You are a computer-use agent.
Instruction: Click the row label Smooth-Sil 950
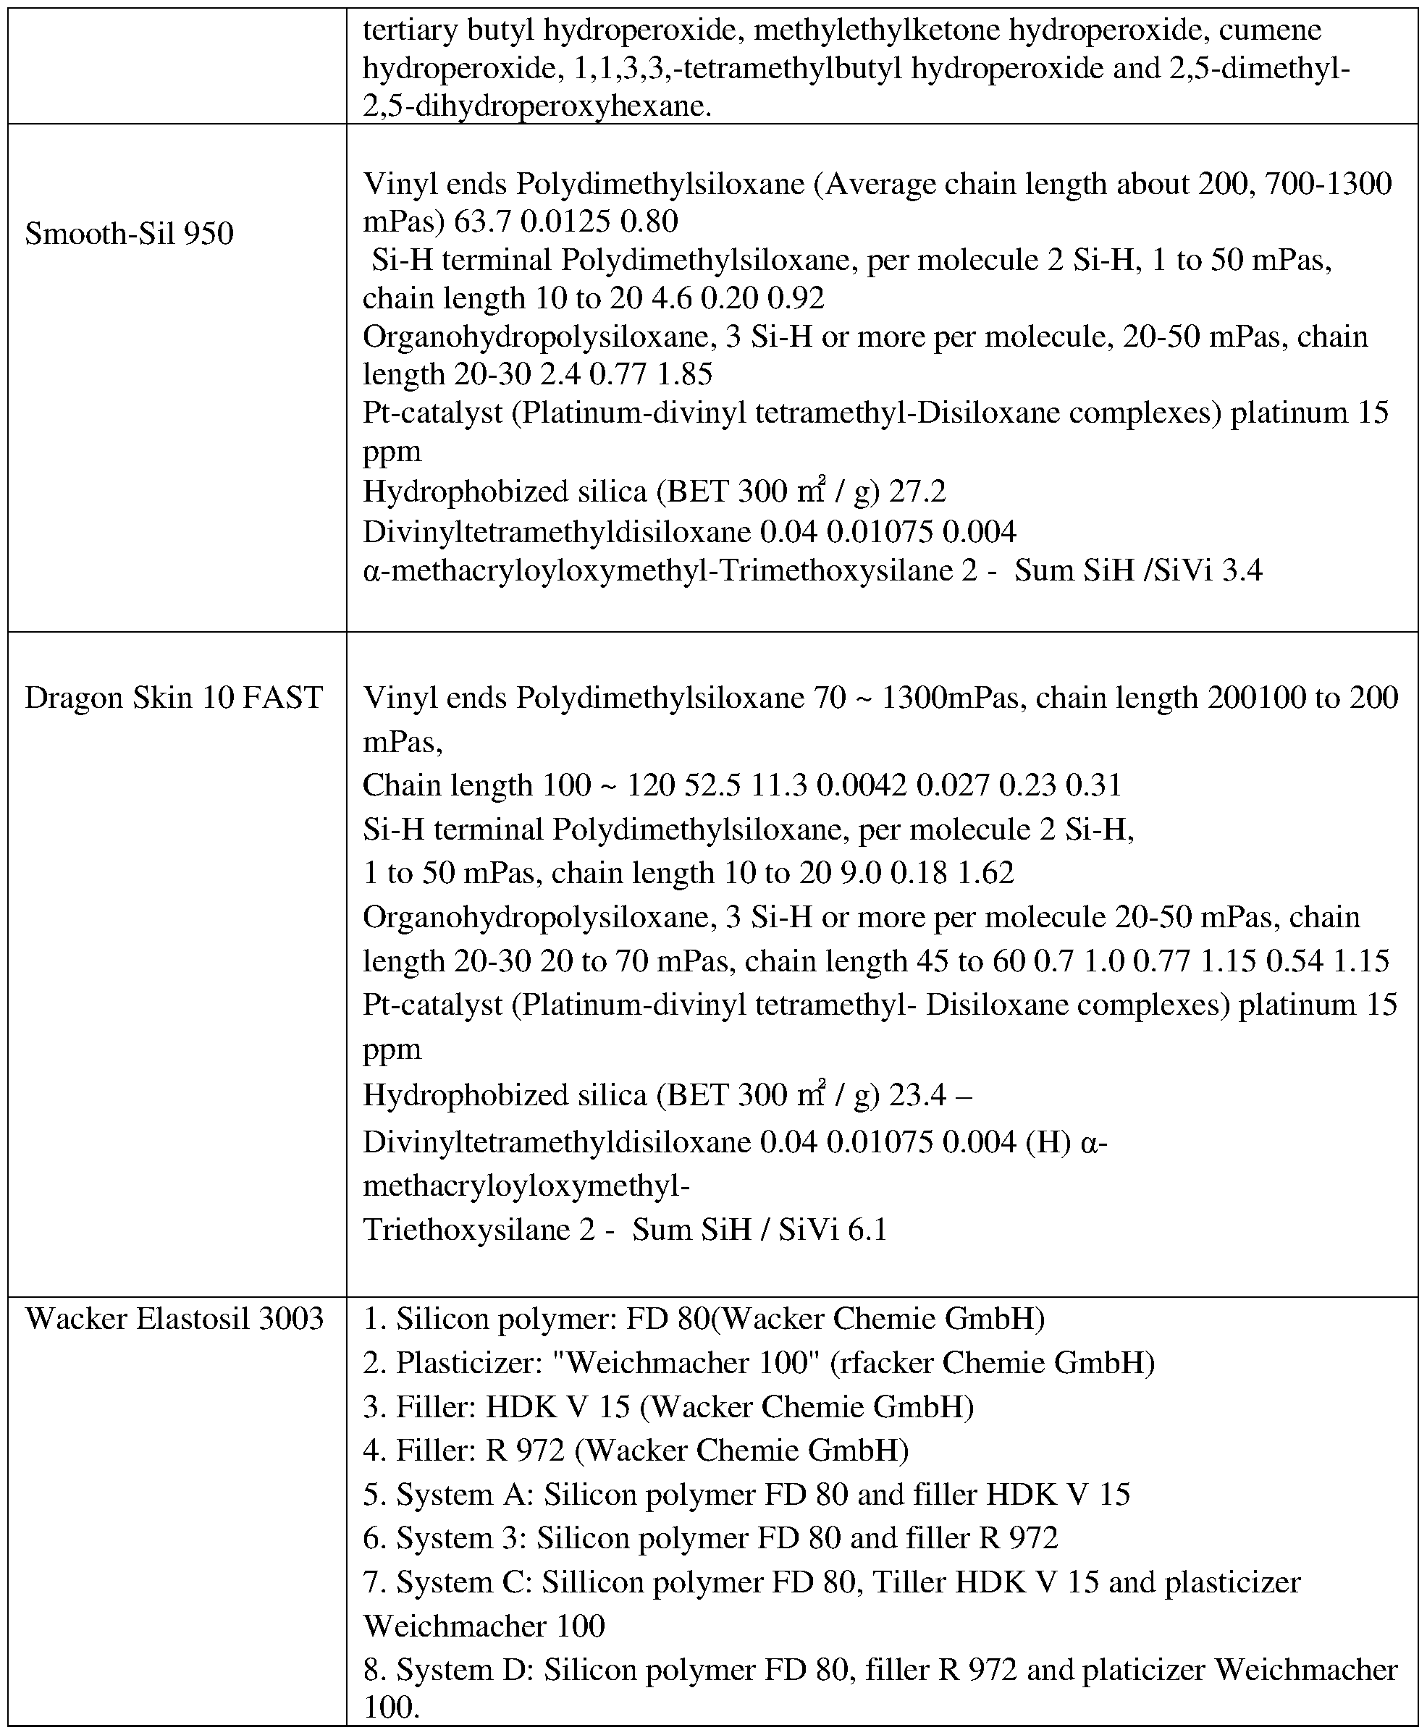pos(129,235)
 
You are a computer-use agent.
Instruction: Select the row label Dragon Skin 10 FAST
pos(174,698)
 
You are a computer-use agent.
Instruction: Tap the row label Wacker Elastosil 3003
pos(174,1319)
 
